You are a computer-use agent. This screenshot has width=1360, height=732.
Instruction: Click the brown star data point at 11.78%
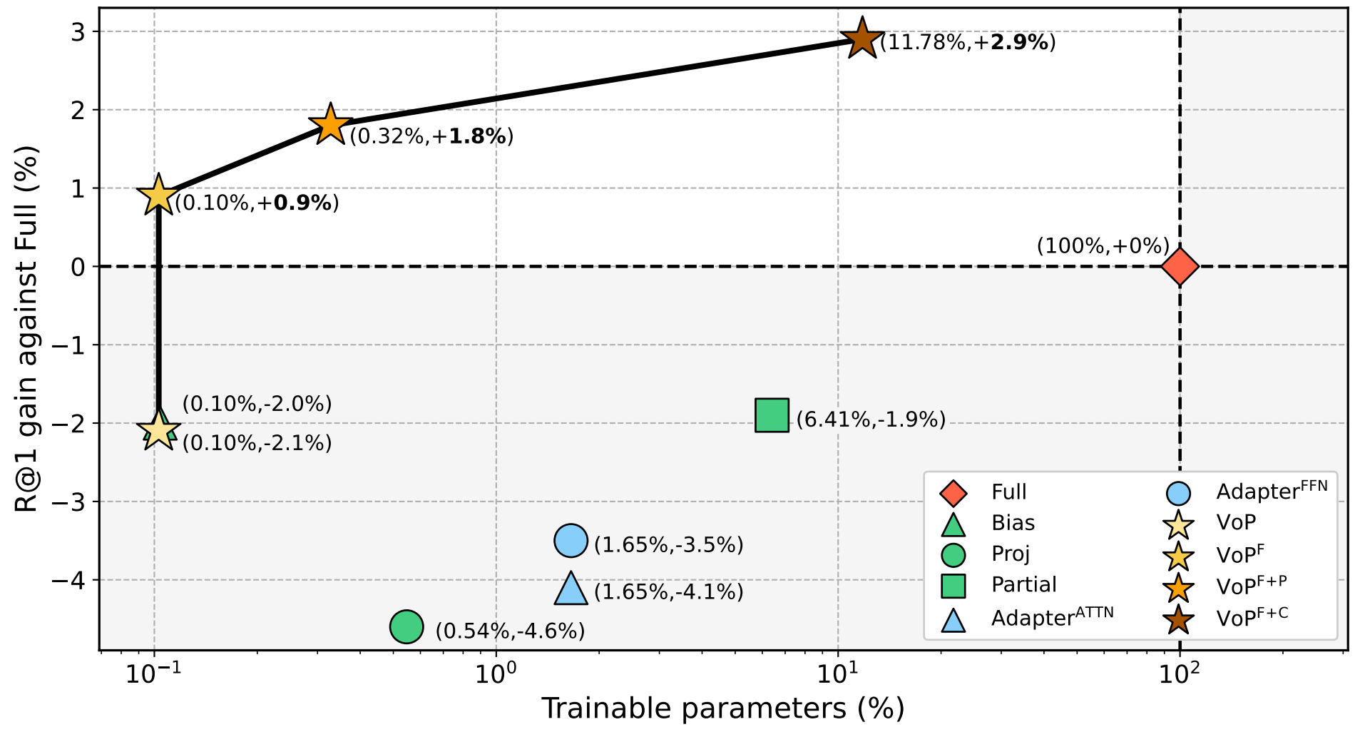coord(862,39)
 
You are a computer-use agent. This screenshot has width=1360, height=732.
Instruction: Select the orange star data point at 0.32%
coord(330,125)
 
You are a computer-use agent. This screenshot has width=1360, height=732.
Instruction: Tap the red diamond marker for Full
coord(1180,267)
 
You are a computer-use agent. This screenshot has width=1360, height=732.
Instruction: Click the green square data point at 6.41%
coord(772,416)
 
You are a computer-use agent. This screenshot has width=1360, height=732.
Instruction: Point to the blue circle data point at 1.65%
coord(571,541)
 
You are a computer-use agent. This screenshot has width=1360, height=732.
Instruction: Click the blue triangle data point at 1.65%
coord(571,589)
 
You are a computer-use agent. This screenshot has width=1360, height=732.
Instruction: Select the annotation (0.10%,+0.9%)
coord(257,203)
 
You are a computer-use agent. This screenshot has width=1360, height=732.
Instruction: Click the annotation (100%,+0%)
coord(1103,246)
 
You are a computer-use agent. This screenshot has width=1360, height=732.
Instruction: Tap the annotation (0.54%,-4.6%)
coord(510,631)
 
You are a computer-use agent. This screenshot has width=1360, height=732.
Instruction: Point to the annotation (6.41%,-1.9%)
coord(871,420)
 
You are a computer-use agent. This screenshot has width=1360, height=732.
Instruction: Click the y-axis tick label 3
coord(78,32)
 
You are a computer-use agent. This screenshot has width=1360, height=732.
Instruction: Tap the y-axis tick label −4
coord(68,580)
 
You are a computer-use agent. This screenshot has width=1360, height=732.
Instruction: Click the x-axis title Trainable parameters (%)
coord(722,709)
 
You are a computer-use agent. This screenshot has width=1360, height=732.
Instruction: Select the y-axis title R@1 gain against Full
coord(27,330)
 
